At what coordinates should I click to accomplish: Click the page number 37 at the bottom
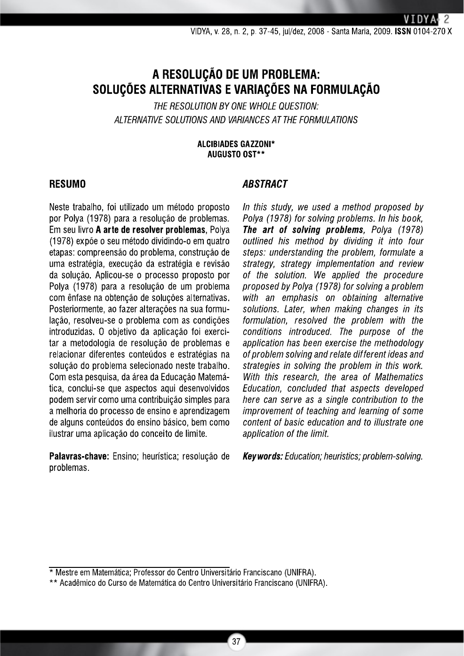click(x=236, y=641)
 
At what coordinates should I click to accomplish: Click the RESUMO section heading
click(x=67, y=184)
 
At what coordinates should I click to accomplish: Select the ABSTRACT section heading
click(x=265, y=184)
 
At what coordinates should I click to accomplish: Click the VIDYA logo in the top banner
click(x=418, y=19)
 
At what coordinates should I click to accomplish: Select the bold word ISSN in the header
click(x=403, y=32)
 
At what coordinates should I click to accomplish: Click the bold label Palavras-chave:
click(x=79, y=456)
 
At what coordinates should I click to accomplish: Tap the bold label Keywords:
click(x=263, y=456)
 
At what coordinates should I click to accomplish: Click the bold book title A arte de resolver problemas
click(x=151, y=230)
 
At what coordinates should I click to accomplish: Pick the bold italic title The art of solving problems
click(x=303, y=230)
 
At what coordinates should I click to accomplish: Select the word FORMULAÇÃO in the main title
click(x=343, y=90)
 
